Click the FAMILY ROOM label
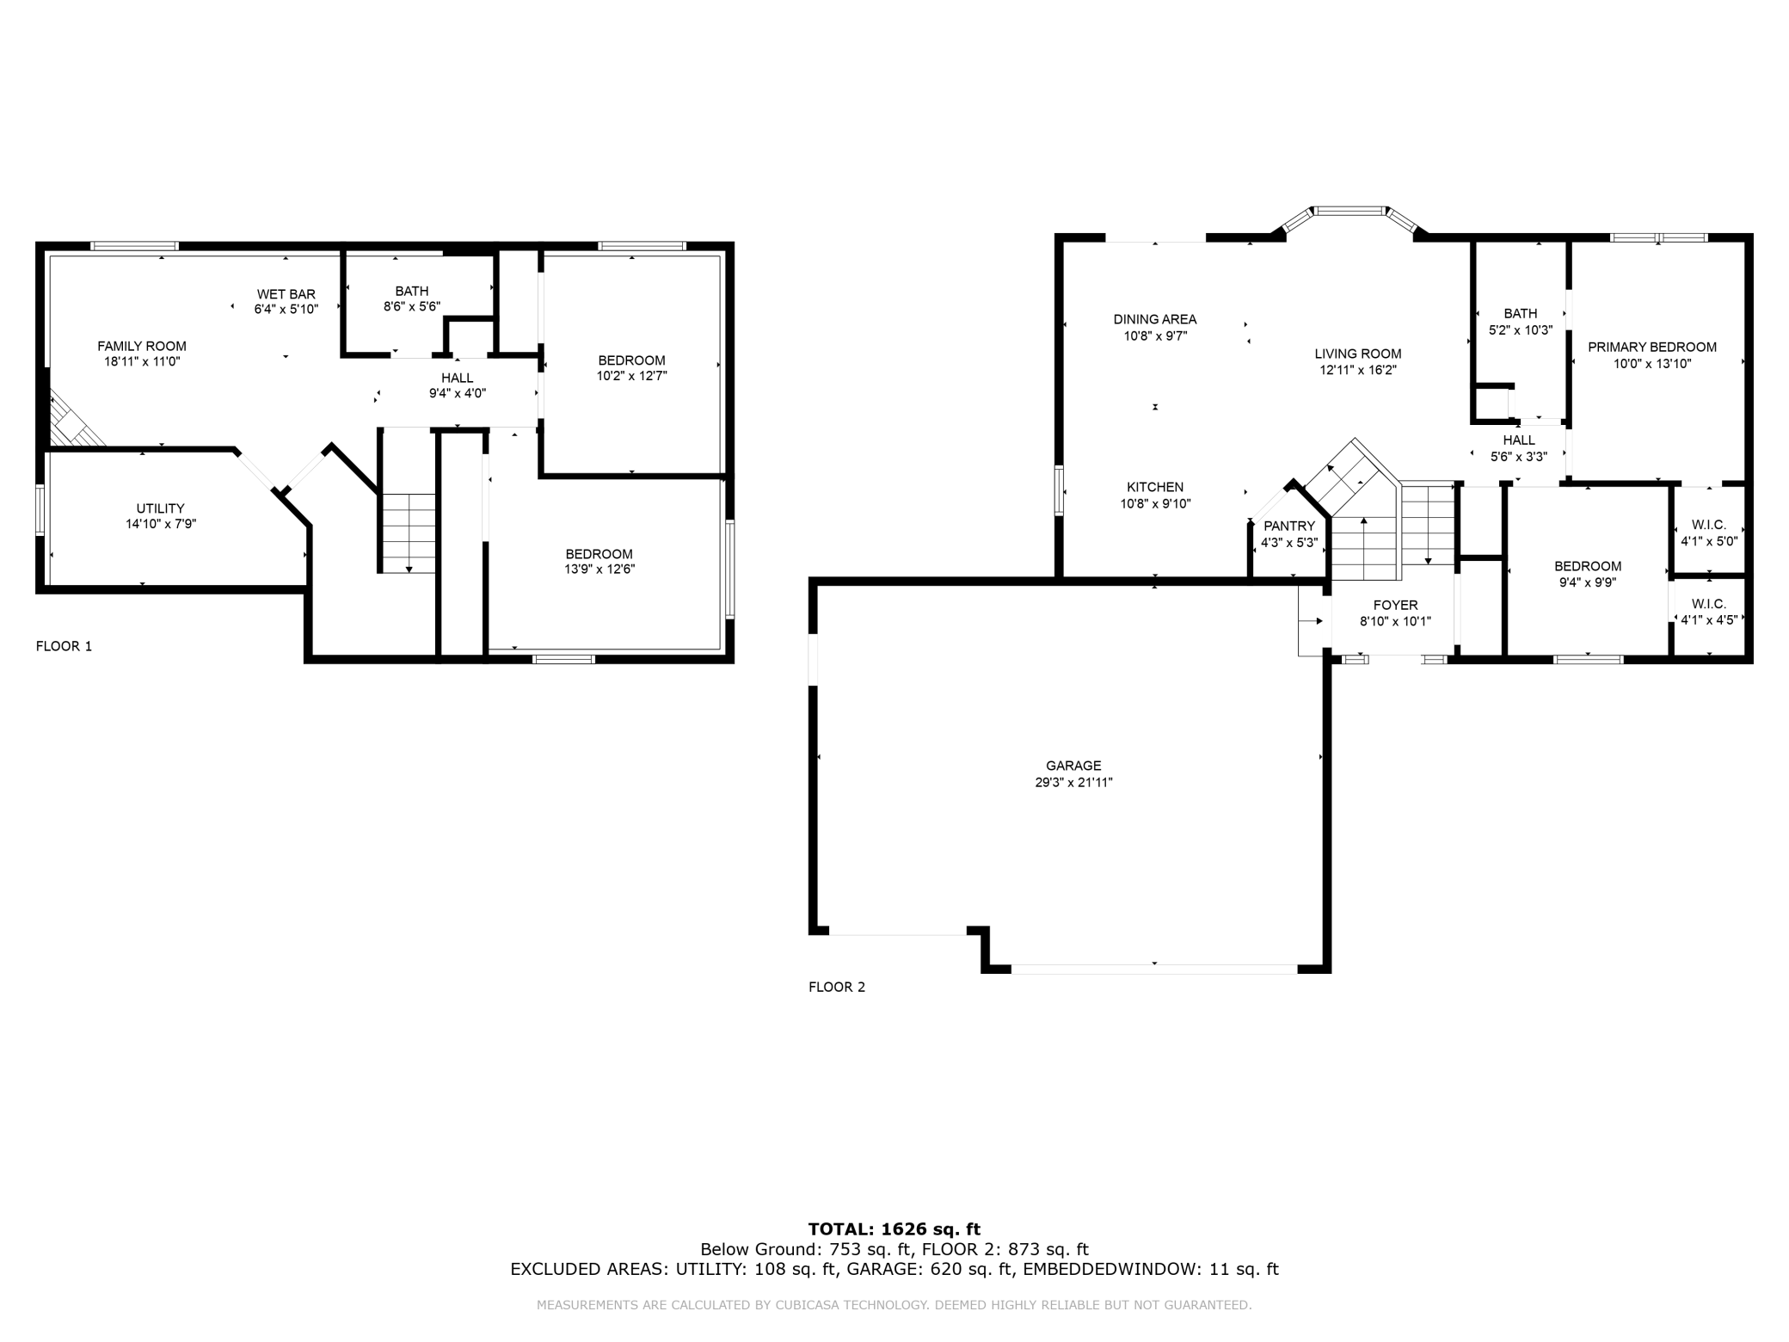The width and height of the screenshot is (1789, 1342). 142,347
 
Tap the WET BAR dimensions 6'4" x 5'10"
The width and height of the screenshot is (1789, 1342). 286,309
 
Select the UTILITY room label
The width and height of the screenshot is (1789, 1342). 160,508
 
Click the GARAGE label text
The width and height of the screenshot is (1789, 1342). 1073,766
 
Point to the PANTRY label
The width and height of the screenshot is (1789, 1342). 1289,526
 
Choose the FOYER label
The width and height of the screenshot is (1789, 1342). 1395,606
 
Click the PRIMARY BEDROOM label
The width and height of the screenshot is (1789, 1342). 1651,348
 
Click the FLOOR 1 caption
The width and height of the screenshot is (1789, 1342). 64,646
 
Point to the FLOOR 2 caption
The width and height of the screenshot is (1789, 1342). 837,987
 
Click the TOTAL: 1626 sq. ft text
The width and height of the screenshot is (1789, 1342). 894,1229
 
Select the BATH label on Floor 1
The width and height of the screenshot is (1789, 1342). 412,292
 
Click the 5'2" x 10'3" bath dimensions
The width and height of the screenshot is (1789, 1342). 1521,329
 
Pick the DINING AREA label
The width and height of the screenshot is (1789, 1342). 1155,319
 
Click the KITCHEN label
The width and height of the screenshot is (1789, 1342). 1155,487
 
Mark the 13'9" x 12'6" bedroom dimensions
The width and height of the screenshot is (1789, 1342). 599,569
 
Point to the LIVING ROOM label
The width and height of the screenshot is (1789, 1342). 1358,354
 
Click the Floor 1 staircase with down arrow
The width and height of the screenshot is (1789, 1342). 409,533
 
